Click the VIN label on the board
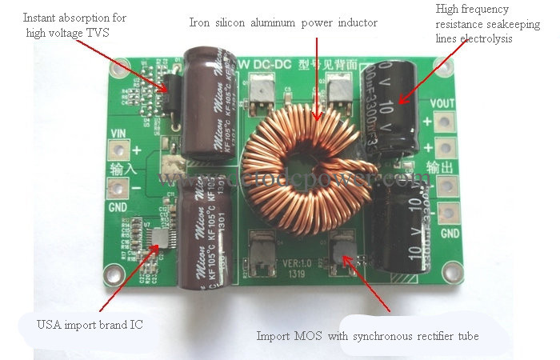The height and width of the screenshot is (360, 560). [118, 133]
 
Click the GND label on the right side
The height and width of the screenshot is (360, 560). [450, 233]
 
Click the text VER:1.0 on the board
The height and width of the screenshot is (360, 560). [298, 262]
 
